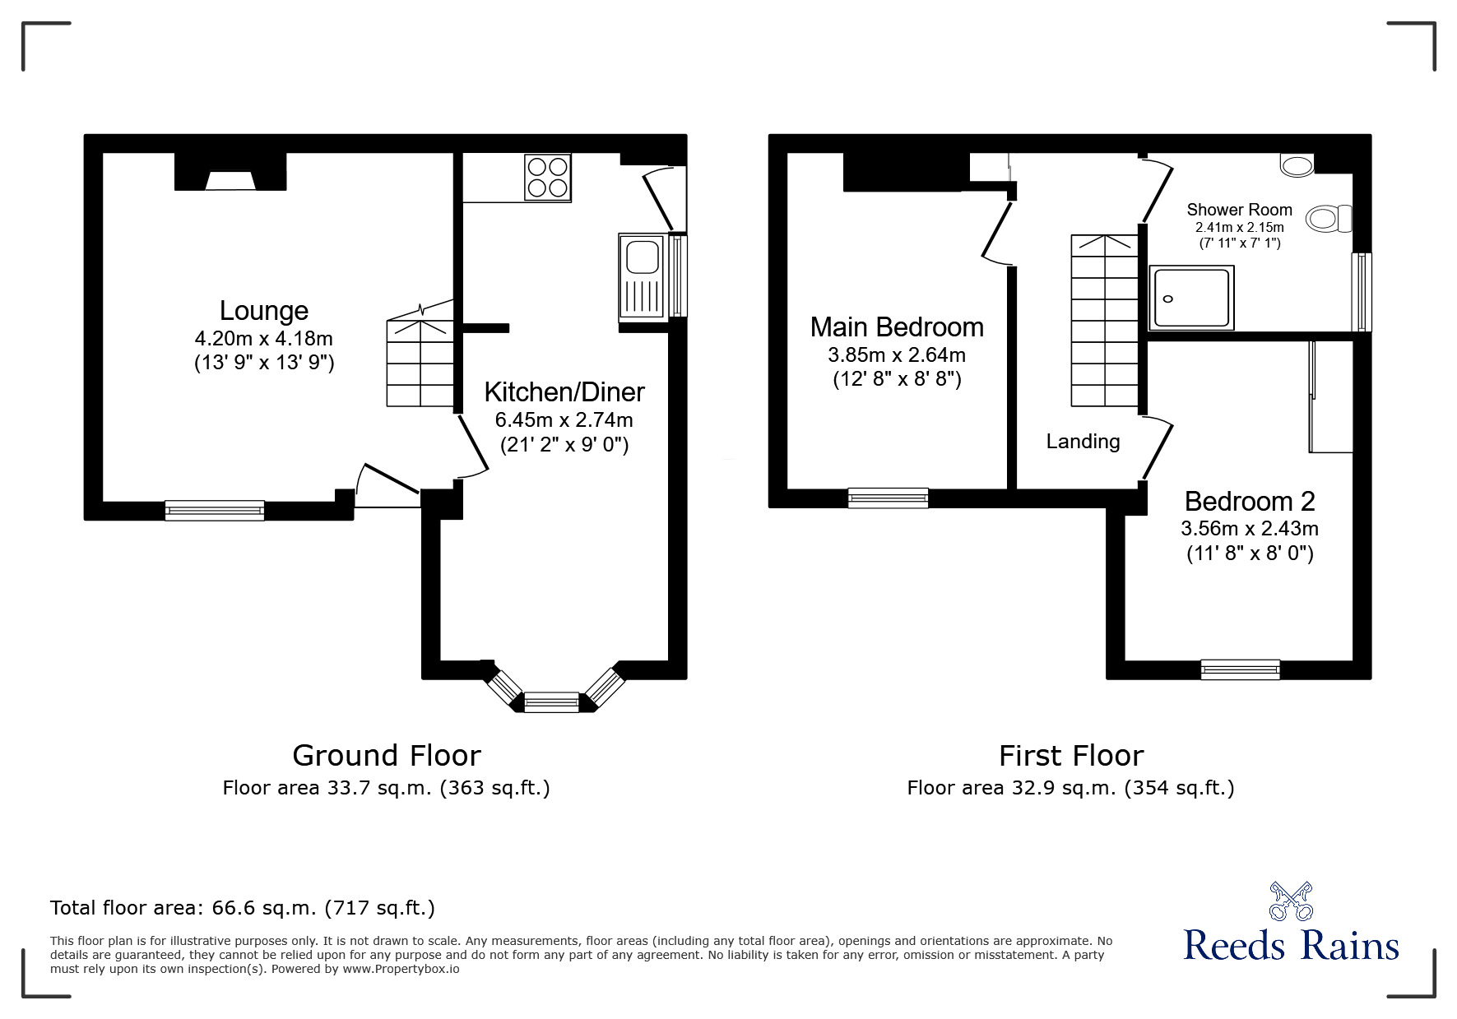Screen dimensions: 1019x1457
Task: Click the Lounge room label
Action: (263, 311)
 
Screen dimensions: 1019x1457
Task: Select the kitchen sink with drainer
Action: (643, 276)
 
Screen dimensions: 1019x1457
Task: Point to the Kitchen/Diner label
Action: (564, 391)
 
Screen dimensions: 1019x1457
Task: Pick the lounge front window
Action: (215, 510)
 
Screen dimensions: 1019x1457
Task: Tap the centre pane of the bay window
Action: (551, 702)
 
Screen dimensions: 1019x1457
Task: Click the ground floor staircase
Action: (420, 362)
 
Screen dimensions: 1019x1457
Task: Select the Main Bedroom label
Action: (897, 327)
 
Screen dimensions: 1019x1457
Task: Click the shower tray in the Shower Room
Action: (1191, 297)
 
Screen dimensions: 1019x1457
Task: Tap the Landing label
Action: (1083, 442)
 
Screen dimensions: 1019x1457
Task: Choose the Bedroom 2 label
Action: (1249, 501)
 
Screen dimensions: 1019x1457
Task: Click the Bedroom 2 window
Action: (1240, 669)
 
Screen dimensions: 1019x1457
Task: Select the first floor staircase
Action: (1104, 321)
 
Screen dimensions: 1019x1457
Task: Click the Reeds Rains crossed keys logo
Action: (1291, 901)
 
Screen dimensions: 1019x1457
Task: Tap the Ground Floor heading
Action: (387, 755)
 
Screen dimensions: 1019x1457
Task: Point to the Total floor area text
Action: (243, 908)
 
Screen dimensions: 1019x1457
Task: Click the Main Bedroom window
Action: (888, 498)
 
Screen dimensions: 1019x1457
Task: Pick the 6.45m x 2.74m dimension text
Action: (564, 420)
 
